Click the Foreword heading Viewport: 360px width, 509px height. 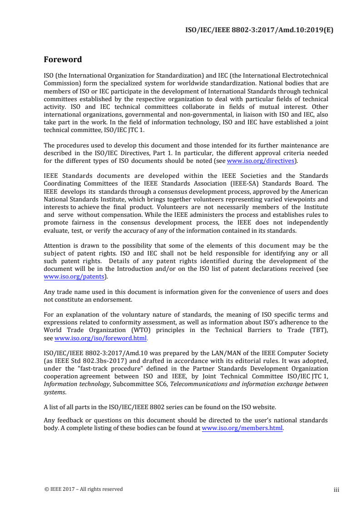pyautogui.click(x=63, y=59)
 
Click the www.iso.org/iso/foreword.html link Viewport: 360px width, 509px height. pyautogui.click(x=101, y=338)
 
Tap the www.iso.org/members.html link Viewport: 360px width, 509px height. pyautogui.click(x=242, y=428)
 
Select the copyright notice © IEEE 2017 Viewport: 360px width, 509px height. pyautogui.click(x=83, y=489)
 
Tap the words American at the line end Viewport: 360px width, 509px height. pyautogui.click(x=314, y=191)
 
